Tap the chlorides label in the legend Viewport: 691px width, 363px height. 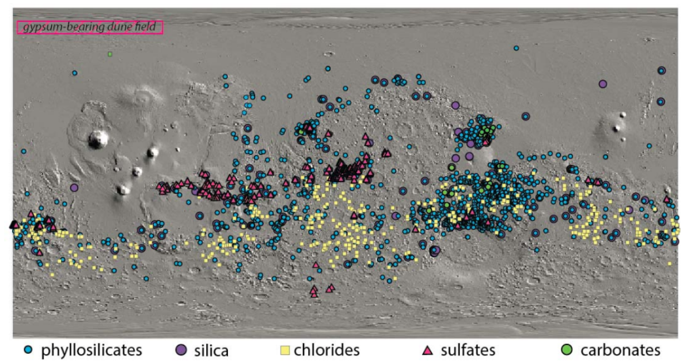[326, 350]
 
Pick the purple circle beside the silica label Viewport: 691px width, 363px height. [181, 350]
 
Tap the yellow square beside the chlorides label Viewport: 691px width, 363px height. [284, 350]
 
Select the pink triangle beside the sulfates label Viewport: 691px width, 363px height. [428, 350]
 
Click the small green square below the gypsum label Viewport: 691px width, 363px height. [110, 54]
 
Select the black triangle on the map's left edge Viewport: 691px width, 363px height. [13, 224]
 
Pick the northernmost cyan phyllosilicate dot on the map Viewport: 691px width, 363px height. [516, 48]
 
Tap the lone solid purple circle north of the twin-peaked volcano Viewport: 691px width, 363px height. [603, 84]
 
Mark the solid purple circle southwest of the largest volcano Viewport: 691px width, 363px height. [74, 187]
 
